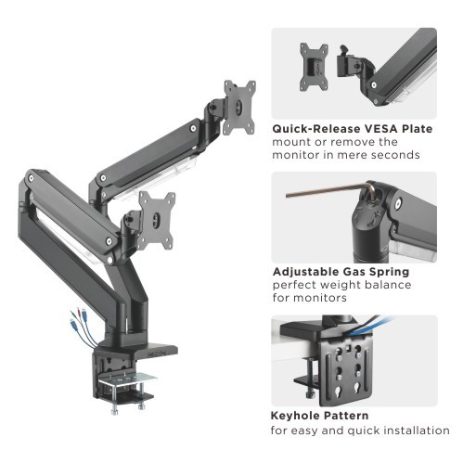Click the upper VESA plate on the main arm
click(x=239, y=108)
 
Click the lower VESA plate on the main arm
click(x=157, y=220)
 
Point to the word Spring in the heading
click(x=390, y=273)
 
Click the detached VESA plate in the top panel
click(x=314, y=67)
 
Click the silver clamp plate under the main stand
click(x=127, y=379)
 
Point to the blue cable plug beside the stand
click(x=72, y=324)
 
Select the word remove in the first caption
click(x=351, y=142)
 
